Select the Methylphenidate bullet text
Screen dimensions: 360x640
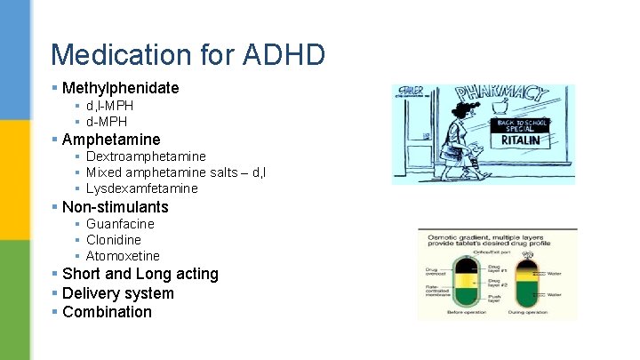pos(120,88)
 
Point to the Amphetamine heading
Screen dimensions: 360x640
pos(111,140)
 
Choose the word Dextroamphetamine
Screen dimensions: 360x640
pos(146,156)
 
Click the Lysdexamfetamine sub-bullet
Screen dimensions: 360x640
pos(142,188)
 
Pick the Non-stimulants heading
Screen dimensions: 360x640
pos(115,207)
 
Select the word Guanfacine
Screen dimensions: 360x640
pos(120,224)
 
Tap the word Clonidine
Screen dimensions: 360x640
pos(114,240)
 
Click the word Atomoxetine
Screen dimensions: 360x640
pos(123,256)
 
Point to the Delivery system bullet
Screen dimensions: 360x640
pos(118,293)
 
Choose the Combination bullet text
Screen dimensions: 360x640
pos(107,312)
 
